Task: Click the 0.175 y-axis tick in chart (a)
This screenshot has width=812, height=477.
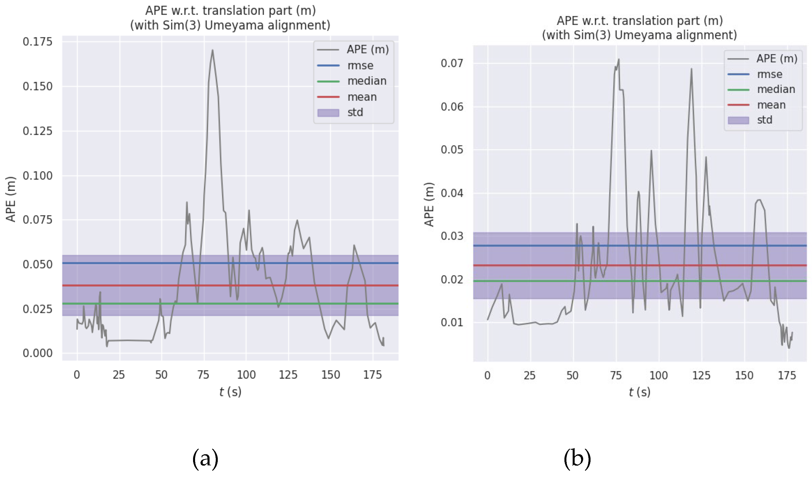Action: tap(37, 42)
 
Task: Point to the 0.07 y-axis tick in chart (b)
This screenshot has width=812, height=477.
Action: tap(452, 63)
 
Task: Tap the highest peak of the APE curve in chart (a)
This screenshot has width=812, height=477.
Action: tap(212, 50)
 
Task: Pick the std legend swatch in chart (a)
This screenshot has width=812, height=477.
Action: tap(328, 113)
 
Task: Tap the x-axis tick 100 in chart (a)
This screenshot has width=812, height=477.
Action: tap(246, 375)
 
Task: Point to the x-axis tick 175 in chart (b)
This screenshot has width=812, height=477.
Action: tap(786, 376)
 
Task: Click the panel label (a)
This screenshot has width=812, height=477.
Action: tap(205, 458)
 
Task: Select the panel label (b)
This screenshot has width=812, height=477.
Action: tap(577, 458)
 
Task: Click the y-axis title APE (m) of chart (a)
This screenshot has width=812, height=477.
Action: tap(11, 199)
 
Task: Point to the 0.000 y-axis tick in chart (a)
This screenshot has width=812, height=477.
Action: tap(37, 353)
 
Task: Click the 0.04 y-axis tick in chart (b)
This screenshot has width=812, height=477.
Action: tap(452, 193)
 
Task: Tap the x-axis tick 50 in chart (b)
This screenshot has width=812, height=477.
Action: tap(572, 376)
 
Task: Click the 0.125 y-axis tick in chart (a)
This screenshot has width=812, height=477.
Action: tap(37, 131)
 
